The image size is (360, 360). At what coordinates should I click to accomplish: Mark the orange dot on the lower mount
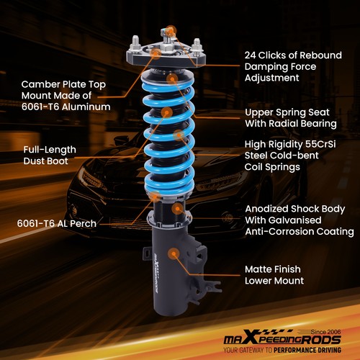(x=174, y=253)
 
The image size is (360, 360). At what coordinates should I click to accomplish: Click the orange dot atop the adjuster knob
(x=170, y=30)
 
